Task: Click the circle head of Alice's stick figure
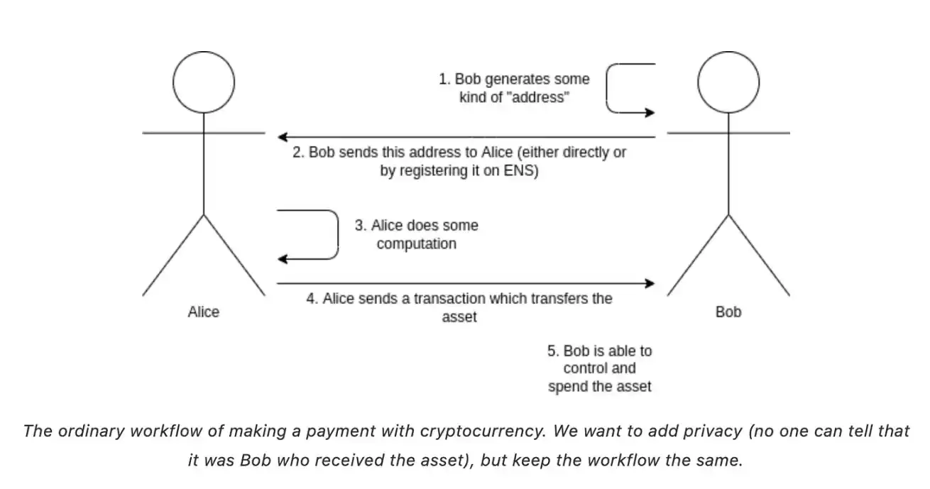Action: point(204,82)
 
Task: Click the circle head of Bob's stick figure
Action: point(728,82)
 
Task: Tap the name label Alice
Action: point(204,312)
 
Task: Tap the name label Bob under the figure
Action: point(728,312)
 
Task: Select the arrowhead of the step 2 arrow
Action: point(282,136)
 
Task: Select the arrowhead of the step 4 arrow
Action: point(650,283)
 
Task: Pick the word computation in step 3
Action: point(417,244)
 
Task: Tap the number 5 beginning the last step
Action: point(552,351)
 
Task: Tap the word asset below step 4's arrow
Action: point(459,317)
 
